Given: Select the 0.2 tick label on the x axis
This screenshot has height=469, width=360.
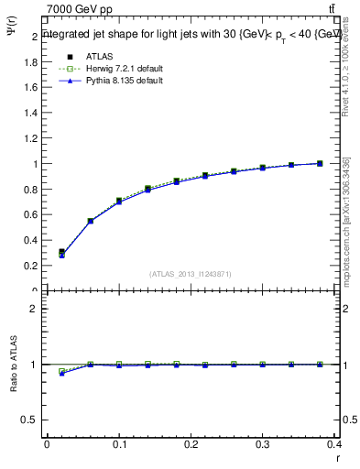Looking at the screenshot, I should pyautogui.click(x=191, y=446).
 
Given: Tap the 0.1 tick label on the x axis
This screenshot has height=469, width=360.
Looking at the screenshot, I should pyautogui.click(x=118, y=446).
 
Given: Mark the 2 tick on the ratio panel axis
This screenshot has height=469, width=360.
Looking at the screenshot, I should pyautogui.click(x=36, y=309).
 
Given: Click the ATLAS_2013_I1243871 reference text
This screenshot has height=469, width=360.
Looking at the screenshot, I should pyautogui.click(x=191, y=274).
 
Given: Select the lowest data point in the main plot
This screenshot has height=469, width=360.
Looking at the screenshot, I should pyautogui.click(x=61, y=253).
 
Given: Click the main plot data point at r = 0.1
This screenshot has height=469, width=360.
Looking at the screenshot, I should pyautogui.click(x=119, y=201).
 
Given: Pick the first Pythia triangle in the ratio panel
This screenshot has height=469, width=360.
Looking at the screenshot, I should pyautogui.click(x=61, y=374).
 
